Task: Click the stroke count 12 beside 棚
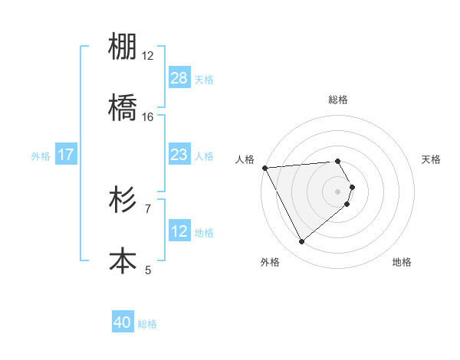pos(148,56)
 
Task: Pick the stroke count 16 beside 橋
pos(148,116)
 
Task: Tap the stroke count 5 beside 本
pos(148,269)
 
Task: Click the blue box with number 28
pos(179,78)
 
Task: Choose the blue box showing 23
pos(179,155)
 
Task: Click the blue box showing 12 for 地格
pos(179,231)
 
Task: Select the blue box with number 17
pos(66,155)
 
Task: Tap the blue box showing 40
pos(123,323)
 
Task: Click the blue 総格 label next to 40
pos(147,324)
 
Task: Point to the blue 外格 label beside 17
pos(41,155)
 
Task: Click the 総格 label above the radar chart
pos(338,100)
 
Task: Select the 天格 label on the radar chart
pos(432,159)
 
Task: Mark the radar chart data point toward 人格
pos(264,168)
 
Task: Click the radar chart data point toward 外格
pos(301,242)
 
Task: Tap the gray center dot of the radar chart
pos(338,191)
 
